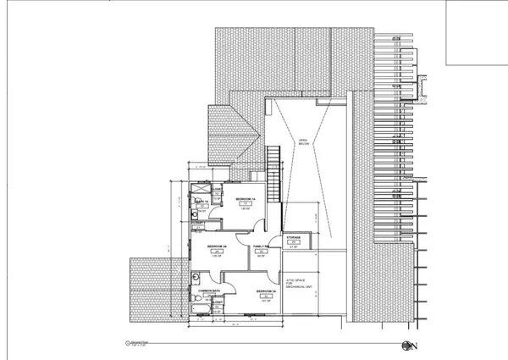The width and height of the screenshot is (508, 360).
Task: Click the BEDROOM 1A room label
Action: (x=245, y=198)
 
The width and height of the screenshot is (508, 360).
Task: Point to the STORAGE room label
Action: (x=293, y=238)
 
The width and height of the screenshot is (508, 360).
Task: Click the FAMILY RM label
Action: (x=261, y=246)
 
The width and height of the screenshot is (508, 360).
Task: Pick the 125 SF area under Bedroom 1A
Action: (x=245, y=209)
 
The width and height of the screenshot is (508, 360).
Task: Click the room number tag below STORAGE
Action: (x=293, y=243)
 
